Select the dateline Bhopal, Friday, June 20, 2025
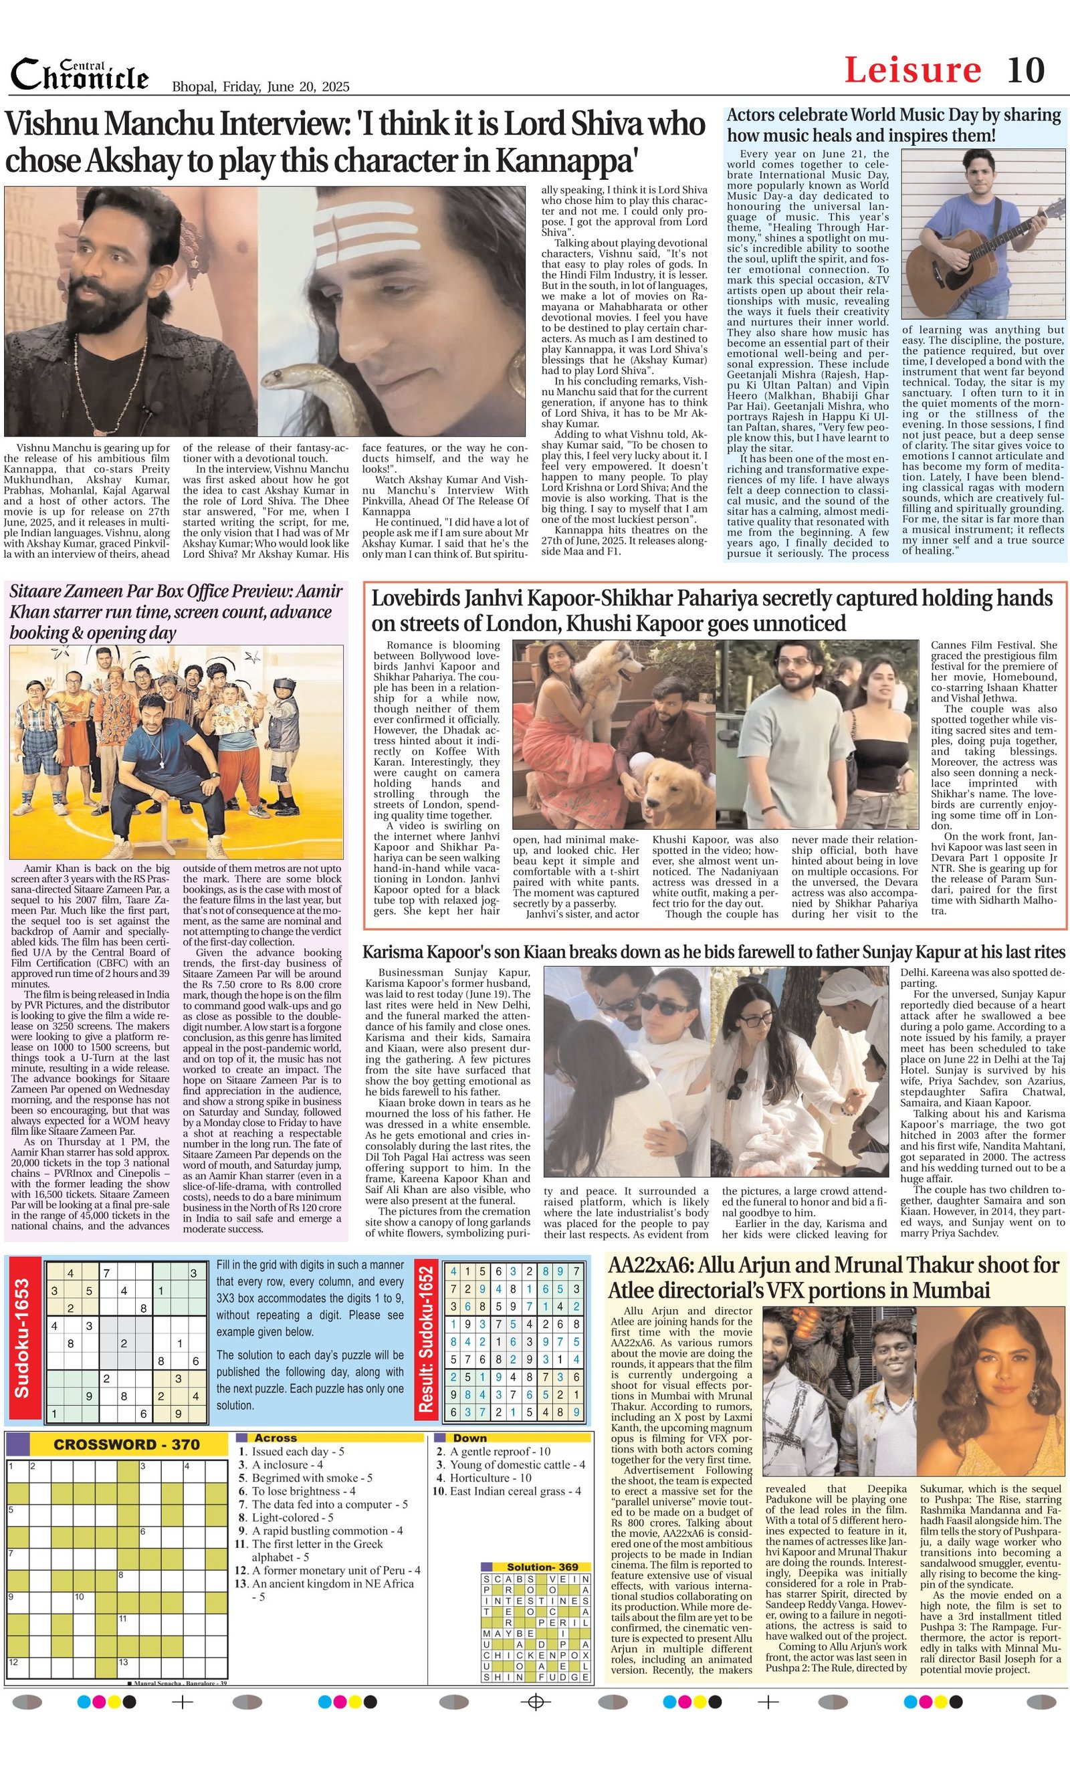[261, 87]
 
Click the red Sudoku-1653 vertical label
[22, 1338]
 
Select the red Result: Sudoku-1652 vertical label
[427, 1339]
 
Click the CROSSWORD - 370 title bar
[126, 1444]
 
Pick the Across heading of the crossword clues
[276, 1438]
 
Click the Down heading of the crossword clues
[470, 1438]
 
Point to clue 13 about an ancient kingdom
[326, 1590]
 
